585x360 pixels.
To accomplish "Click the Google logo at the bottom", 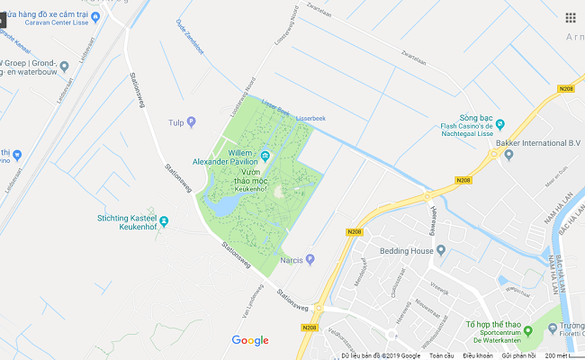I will click(x=250, y=340).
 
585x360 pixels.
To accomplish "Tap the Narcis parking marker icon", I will click(x=310, y=259).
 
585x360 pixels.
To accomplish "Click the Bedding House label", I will click(x=407, y=251).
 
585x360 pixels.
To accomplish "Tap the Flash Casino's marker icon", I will click(x=500, y=124).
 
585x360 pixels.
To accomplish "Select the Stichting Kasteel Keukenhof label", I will click(x=126, y=222).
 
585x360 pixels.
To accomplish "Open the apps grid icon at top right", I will click(x=571, y=17).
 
